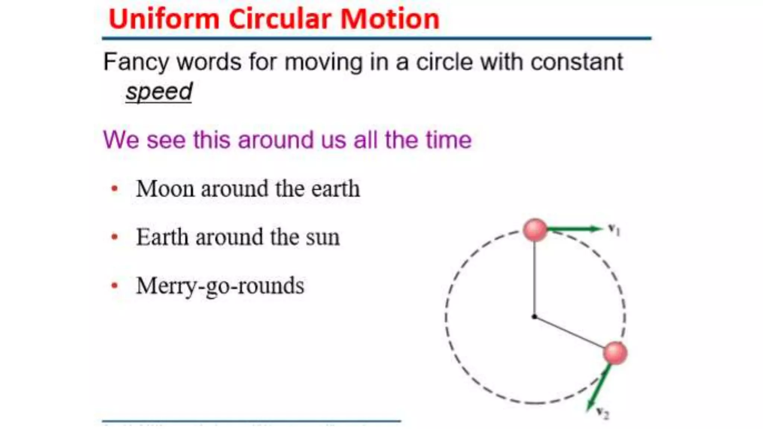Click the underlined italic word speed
click(x=159, y=92)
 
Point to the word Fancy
click(x=136, y=62)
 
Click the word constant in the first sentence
click(x=576, y=62)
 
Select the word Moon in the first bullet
click(x=165, y=189)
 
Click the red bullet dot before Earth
click(x=115, y=237)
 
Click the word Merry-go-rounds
click(x=220, y=286)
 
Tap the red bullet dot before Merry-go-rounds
click(x=115, y=286)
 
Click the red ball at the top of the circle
click(x=535, y=229)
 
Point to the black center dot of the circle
click(x=534, y=317)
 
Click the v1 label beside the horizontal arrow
click(x=614, y=229)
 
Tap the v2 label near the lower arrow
click(x=602, y=413)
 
